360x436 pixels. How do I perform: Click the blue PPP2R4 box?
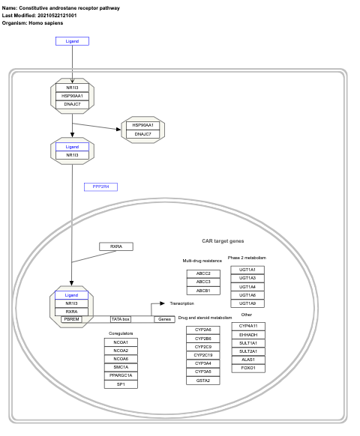(100, 187)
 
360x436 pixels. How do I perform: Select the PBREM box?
(71, 319)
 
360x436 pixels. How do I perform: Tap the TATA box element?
(121, 319)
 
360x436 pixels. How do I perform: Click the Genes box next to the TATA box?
(163, 319)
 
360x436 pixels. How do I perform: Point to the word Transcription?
(181, 303)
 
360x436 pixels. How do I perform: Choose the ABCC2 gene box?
(203, 273)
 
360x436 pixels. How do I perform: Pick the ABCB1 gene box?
(203, 290)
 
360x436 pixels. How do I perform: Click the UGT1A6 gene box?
(247, 295)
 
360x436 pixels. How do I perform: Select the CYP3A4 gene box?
(202, 363)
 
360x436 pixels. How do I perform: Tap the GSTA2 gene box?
(202, 381)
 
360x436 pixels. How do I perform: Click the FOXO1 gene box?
(247, 368)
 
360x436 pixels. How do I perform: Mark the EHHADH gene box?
(247, 334)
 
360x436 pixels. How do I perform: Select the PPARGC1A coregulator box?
(121, 375)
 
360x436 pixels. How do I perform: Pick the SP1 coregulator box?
(121, 384)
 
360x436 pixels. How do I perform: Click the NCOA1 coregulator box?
(121, 342)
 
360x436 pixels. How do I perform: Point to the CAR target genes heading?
(223, 242)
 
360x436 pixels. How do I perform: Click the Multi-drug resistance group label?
(202, 261)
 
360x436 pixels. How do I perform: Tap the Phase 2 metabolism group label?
(247, 258)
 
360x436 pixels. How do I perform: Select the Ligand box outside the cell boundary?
(72, 41)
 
